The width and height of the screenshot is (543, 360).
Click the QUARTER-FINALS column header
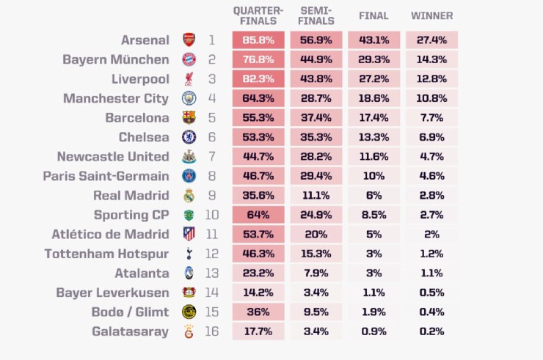tap(258, 15)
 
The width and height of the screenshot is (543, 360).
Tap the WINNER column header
tap(431, 15)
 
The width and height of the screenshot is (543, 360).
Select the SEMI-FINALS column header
tap(316, 15)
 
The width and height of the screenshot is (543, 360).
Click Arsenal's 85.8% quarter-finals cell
tap(258, 40)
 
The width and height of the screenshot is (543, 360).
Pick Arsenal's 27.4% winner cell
tap(431, 40)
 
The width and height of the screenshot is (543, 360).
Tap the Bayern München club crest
tap(189, 59)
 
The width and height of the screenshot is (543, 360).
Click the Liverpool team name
tap(138, 79)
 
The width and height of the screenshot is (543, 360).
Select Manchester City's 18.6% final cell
tap(374, 98)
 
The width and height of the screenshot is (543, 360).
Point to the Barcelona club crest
tap(189, 117)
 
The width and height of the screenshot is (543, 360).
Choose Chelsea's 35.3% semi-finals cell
tap(316, 137)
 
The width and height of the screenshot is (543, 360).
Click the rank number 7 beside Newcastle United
tap(211, 156)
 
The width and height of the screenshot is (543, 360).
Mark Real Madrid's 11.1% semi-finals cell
tap(316, 195)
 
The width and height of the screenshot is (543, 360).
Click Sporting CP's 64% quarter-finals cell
tap(258, 215)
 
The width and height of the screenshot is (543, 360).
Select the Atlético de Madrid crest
tap(189, 234)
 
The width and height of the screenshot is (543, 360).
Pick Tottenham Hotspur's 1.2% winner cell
tap(431, 254)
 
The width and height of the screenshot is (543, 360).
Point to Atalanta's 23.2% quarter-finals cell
tap(258, 273)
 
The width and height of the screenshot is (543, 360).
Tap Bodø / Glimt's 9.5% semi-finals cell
tap(316, 312)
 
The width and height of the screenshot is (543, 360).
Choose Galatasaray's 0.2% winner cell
tap(431, 331)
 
